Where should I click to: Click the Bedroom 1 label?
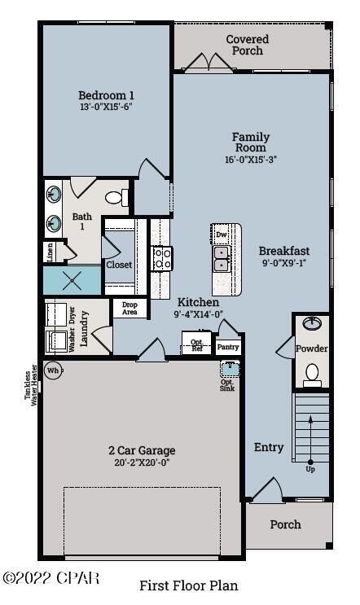[x=106, y=95]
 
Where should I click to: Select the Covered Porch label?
[x=247, y=45]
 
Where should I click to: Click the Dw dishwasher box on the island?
[x=222, y=235]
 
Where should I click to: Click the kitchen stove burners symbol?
[x=162, y=258]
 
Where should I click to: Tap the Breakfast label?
[x=284, y=250]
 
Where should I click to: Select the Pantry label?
[x=229, y=347]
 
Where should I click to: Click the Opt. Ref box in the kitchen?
[x=196, y=344]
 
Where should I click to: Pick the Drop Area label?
[x=130, y=309]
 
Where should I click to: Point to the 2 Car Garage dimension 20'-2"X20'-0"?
[x=142, y=463]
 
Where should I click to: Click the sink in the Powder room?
[x=311, y=324]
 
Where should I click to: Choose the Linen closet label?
[x=50, y=252]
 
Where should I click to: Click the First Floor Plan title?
[x=188, y=585]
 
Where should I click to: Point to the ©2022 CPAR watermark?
[x=50, y=578]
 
